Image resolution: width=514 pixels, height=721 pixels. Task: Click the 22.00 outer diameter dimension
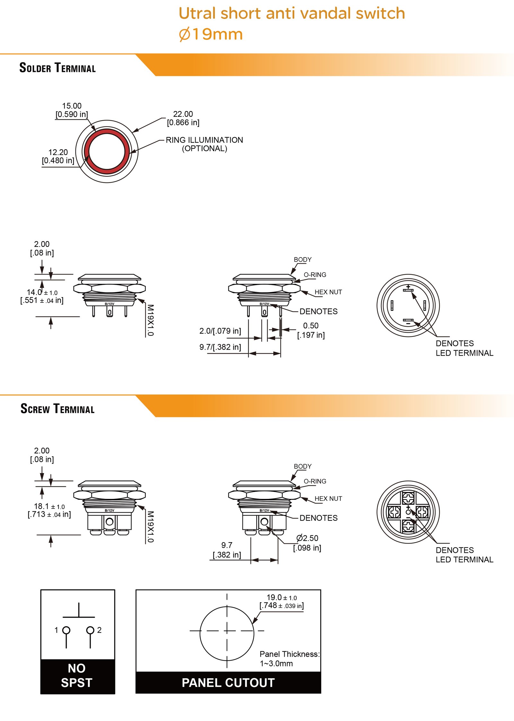pyautogui.click(x=183, y=114)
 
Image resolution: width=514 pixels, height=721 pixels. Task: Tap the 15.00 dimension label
pyautogui.click(x=72, y=106)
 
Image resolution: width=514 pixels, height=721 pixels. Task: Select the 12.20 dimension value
pyautogui.click(x=58, y=152)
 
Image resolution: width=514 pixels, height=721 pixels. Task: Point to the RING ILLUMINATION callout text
pyautogui.click(x=204, y=140)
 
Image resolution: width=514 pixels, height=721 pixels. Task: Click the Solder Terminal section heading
pyautogui.click(x=58, y=68)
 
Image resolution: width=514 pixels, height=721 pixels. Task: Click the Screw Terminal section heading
pyautogui.click(x=58, y=409)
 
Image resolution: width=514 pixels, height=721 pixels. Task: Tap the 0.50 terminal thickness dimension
pyautogui.click(x=311, y=326)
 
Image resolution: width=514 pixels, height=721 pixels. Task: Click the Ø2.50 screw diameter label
pyautogui.click(x=307, y=538)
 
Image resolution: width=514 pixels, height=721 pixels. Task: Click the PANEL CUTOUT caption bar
pyautogui.click(x=228, y=682)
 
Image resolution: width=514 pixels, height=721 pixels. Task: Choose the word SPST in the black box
pyautogui.click(x=77, y=682)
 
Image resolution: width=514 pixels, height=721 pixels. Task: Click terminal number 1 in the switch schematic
pyautogui.click(x=57, y=630)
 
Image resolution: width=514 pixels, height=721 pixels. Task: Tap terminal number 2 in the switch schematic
pyautogui.click(x=99, y=630)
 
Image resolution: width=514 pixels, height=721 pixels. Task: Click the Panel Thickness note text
pyautogui.click(x=289, y=654)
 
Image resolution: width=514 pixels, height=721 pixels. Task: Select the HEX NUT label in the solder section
pyautogui.click(x=328, y=292)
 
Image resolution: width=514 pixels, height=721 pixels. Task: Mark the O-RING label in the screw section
pyautogui.click(x=315, y=481)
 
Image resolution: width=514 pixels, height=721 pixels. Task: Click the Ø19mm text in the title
pyautogui.click(x=211, y=34)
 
